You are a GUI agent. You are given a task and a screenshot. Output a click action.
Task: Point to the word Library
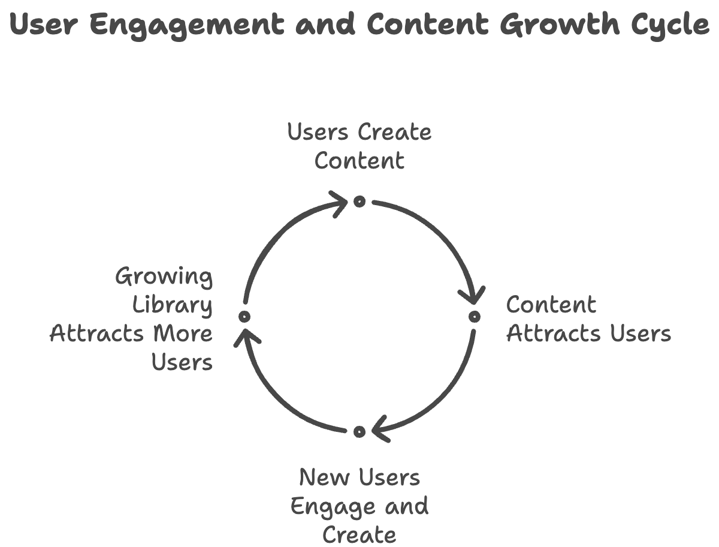173,305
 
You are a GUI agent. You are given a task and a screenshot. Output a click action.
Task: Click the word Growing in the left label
164,278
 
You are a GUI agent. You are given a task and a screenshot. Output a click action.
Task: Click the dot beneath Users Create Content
359,202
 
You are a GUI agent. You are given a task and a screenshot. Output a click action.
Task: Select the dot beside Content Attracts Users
474,316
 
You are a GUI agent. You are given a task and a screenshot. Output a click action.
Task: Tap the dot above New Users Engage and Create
359,431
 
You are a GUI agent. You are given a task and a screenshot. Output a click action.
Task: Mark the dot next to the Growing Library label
244,316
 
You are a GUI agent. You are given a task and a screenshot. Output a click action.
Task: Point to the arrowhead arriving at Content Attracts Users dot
473,296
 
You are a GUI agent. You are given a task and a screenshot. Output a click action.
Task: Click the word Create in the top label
394,132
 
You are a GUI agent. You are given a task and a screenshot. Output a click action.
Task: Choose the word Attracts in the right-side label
554,333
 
